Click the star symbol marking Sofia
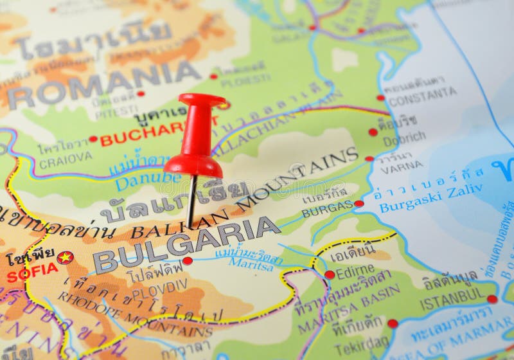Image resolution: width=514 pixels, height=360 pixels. tap(65, 257)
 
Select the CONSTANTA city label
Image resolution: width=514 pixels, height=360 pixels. tap(423, 96)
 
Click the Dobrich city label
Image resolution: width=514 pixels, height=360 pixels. tap(404, 138)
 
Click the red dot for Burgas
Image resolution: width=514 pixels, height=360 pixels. tap(359, 204)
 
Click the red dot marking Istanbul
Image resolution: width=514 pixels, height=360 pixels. tap(492, 299)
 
